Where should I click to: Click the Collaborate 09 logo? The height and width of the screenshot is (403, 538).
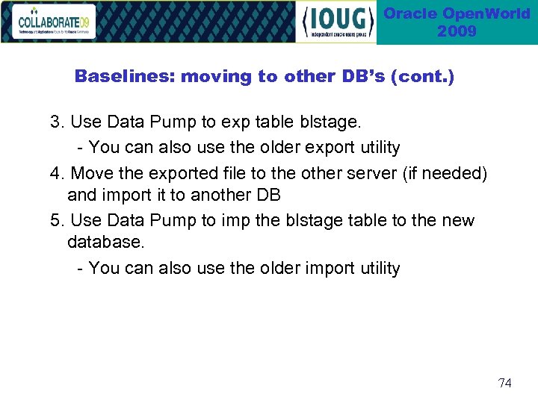[x=55, y=22]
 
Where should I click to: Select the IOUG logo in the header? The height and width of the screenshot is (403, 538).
[x=336, y=22]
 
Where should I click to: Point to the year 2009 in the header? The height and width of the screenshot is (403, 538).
[x=457, y=31]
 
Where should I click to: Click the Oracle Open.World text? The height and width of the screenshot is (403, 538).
[x=457, y=13]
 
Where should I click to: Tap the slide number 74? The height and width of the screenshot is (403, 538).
[x=505, y=383]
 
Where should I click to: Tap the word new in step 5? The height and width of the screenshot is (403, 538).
[x=458, y=221]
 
